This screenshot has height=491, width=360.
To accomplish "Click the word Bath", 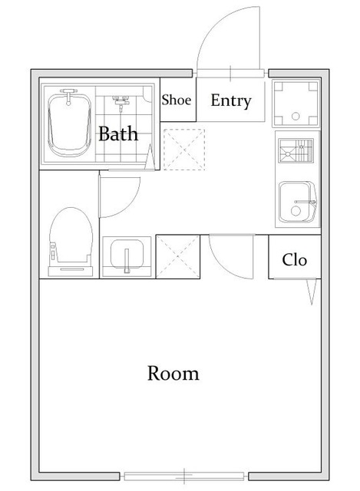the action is tap(118, 133).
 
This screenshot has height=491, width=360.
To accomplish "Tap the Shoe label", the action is tap(177, 101).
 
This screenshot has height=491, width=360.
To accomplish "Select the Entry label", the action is tap(231, 101).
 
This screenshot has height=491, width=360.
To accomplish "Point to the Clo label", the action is tap(294, 259).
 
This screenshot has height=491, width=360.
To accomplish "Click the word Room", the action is tap(173, 374).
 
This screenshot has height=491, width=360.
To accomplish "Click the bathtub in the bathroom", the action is tap(70, 124).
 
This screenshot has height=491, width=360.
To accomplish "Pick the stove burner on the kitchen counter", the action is tap(296, 150).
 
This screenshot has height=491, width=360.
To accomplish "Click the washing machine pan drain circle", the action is tap(296, 116).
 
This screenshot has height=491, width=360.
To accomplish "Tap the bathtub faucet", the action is tap(68, 96).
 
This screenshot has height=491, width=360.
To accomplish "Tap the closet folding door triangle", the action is tap(311, 292).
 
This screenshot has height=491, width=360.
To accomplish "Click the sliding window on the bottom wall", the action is tap(184, 476).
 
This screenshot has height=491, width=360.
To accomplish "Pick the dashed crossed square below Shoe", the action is tap(184, 150).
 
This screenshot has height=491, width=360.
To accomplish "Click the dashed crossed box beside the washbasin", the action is tap(177, 256).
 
